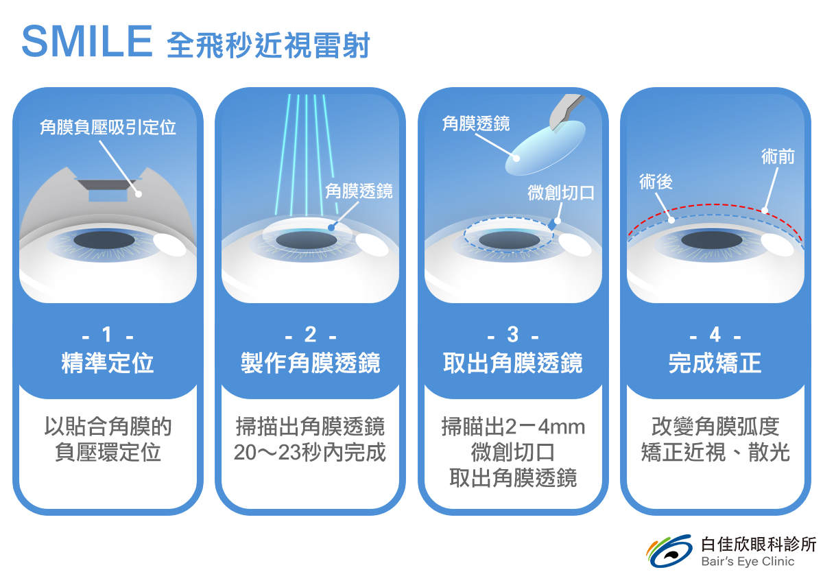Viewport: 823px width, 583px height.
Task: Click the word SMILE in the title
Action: (x=86, y=42)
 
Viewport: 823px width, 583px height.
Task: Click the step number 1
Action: (x=107, y=335)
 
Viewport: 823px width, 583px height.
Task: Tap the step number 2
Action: (x=310, y=335)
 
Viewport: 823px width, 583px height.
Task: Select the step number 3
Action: (x=513, y=335)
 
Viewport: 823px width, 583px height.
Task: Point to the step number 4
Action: (x=715, y=335)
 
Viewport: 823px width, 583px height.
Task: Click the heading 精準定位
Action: (x=108, y=363)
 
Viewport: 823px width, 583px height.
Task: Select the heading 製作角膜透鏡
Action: (x=310, y=363)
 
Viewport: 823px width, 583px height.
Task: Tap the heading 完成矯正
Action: (x=715, y=363)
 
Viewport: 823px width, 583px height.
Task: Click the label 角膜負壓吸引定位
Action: (x=108, y=128)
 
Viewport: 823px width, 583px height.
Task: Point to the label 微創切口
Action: (x=560, y=193)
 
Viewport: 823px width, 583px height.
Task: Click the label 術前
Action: (x=778, y=156)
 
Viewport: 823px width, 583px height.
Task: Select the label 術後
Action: (x=656, y=181)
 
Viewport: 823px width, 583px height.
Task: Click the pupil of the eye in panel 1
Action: (x=104, y=240)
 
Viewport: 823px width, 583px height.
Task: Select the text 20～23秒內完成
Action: (x=310, y=453)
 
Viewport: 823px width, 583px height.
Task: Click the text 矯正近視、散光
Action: (x=715, y=453)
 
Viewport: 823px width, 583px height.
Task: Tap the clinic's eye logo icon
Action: (x=669, y=551)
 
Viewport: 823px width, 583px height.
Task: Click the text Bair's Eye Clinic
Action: (x=748, y=562)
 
